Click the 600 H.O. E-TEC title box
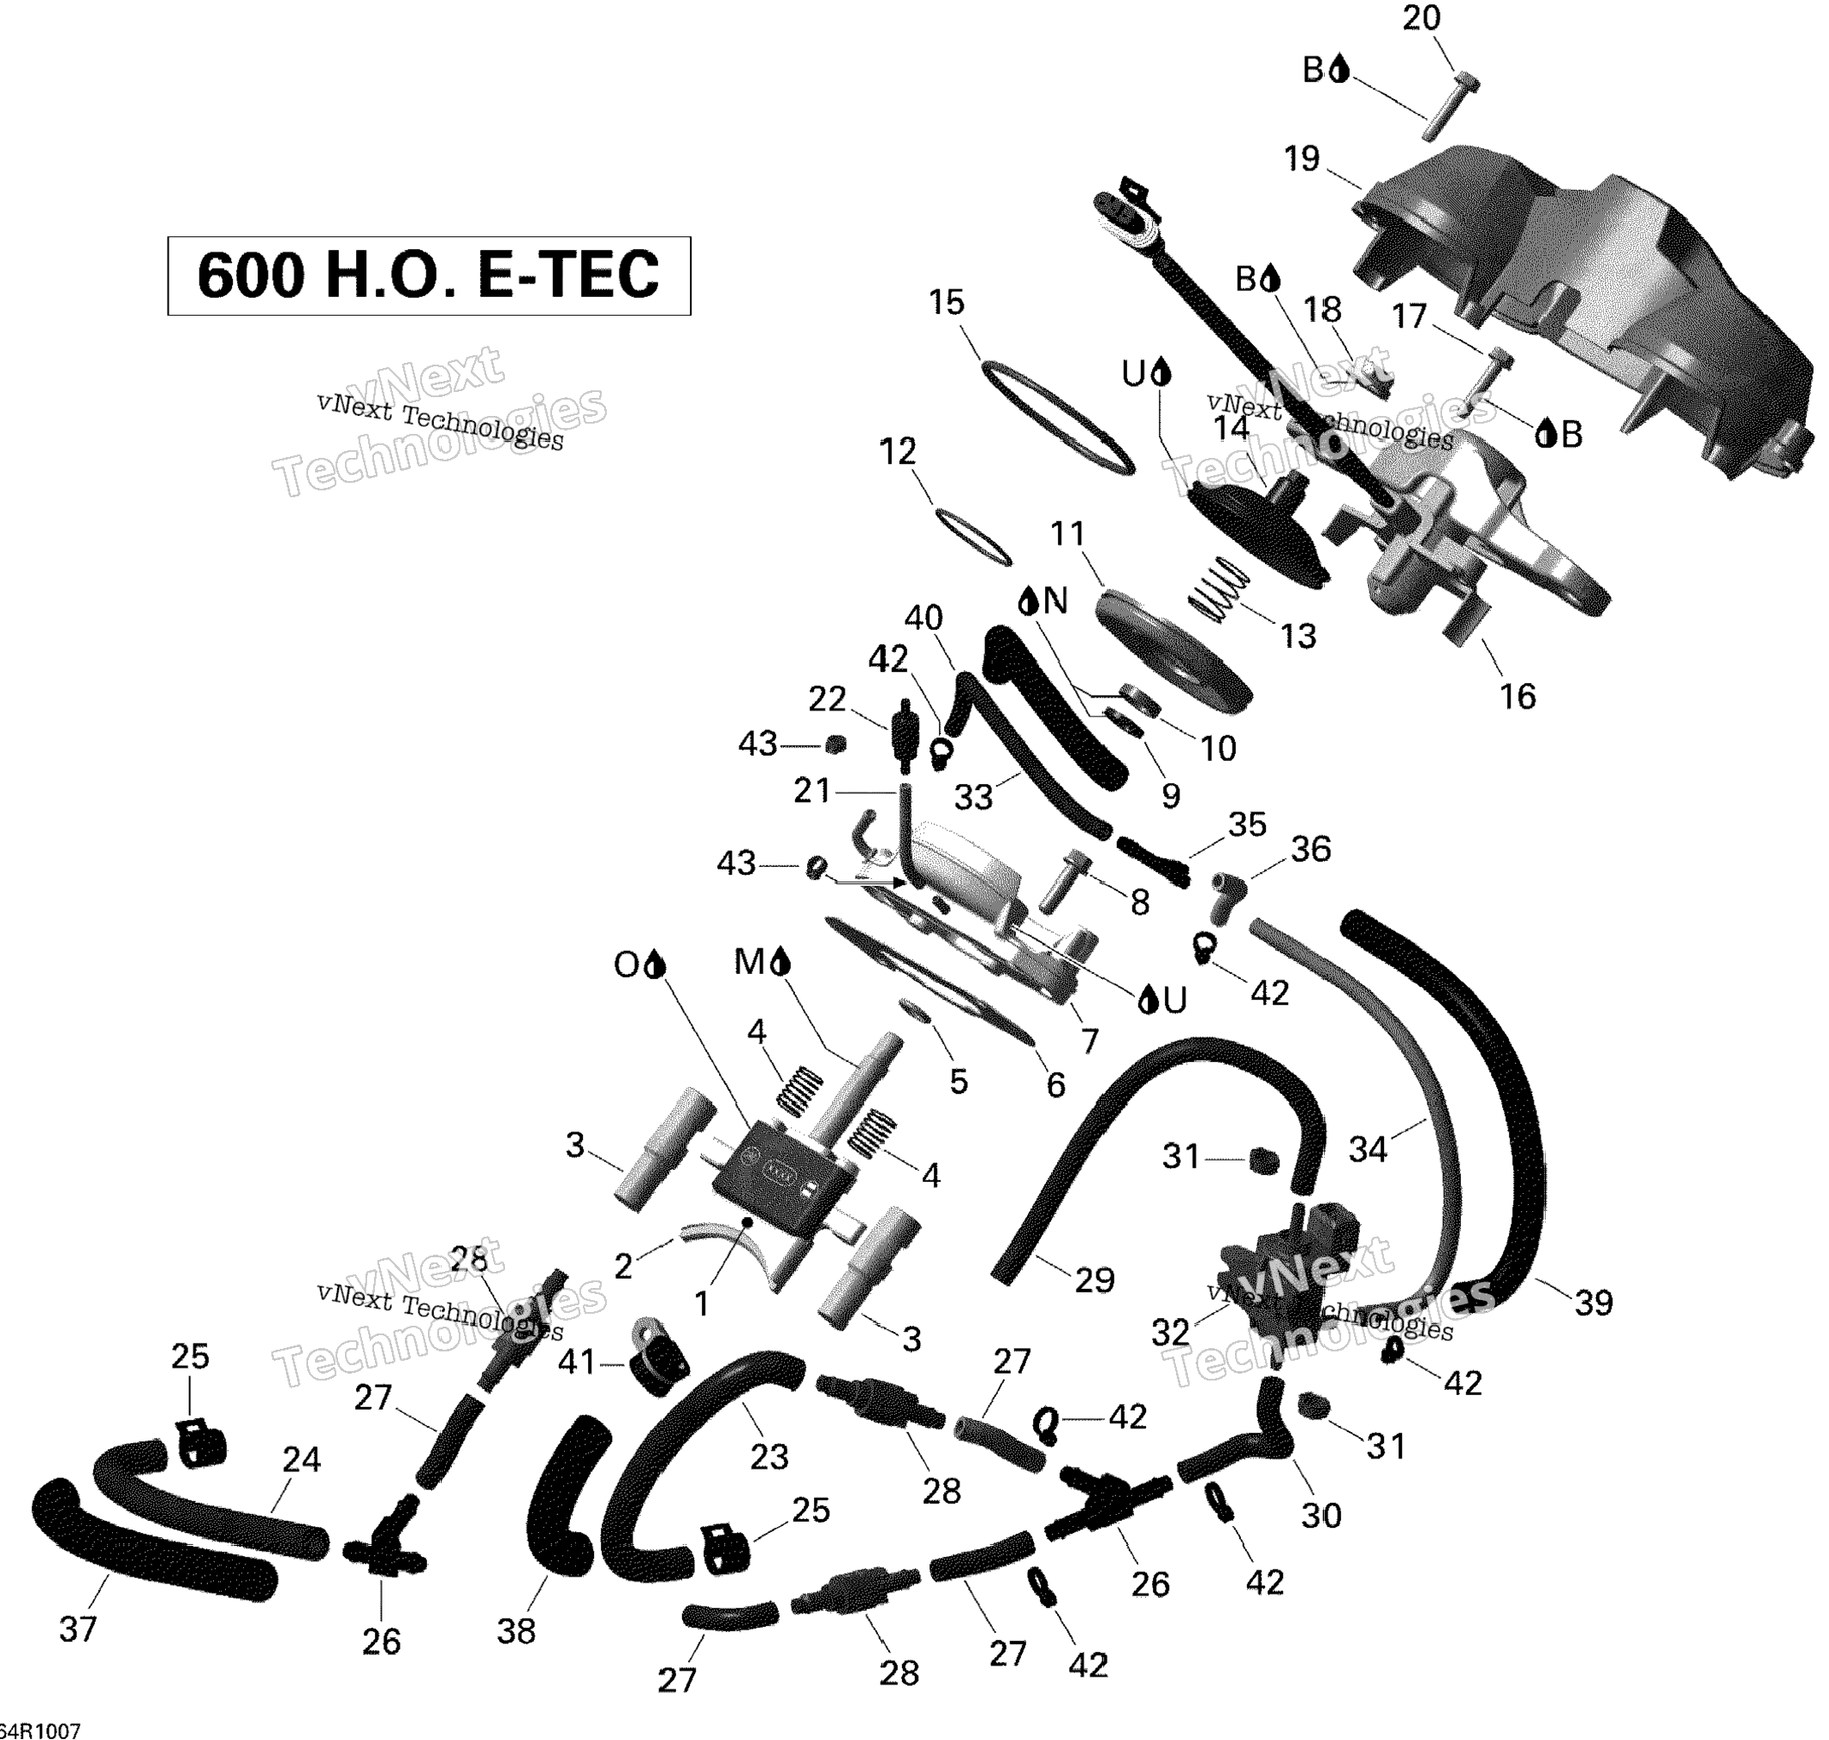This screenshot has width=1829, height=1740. click(x=429, y=276)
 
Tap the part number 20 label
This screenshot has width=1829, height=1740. click(x=1421, y=19)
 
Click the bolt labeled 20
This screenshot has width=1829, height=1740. click(x=1449, y=106)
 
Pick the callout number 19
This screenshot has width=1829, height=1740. click(x=1301, y=158)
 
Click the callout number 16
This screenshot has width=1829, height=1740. click(x=1517, y=696)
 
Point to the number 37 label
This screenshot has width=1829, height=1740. click(x=78, y=1630)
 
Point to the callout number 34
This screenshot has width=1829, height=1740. click(x=1368, y=1150)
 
